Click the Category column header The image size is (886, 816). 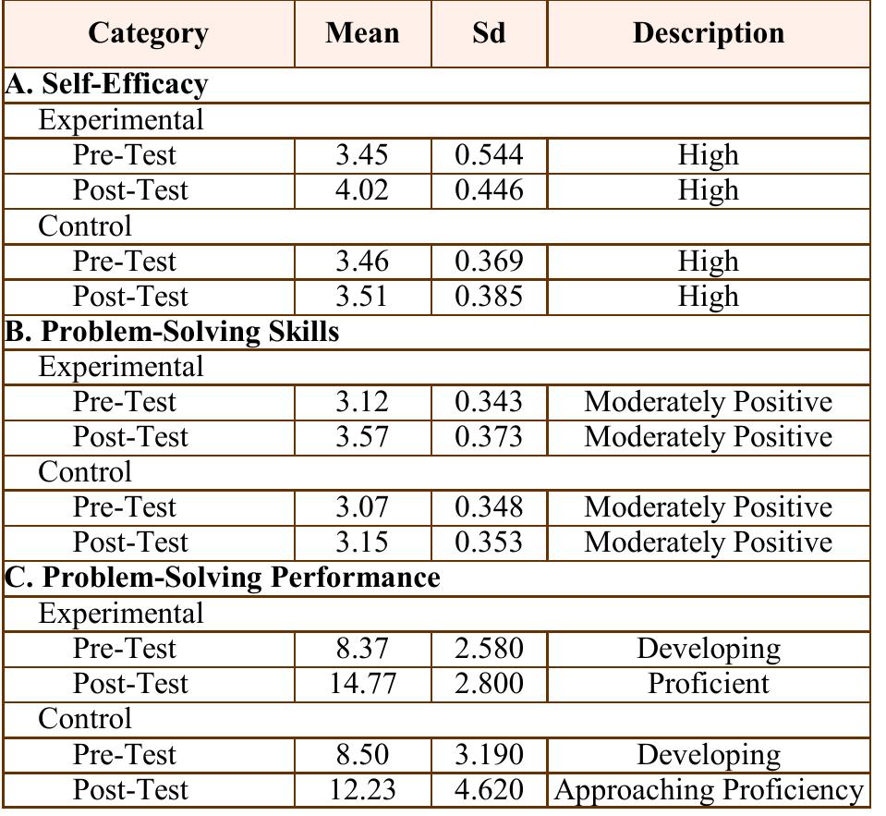click(148, 33)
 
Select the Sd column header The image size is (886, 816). click(488, 33)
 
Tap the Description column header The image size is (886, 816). click(708, 33)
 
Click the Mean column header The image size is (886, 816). click(362, 33)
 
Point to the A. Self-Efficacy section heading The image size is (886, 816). click(106, 84)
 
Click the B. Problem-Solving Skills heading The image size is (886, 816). click(173, 331)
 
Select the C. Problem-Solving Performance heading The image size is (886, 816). click(223, 578)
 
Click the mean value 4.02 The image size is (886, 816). click(362, 190)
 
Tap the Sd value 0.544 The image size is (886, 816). click(488, 154)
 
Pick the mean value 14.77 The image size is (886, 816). click(362, 684)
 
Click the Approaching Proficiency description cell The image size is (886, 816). click(708, 790)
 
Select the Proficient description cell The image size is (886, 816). click(708, 684)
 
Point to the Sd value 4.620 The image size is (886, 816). click(488, 790)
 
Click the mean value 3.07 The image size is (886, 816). click(362, 507)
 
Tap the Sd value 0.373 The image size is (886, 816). click(488, 437)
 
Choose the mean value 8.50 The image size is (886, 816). click(362, 755)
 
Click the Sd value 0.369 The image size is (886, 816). click(488, 262)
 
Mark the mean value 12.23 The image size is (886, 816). click(362, 790)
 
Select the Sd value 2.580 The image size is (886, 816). click(488, 649)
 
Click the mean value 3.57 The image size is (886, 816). click(362, 437)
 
